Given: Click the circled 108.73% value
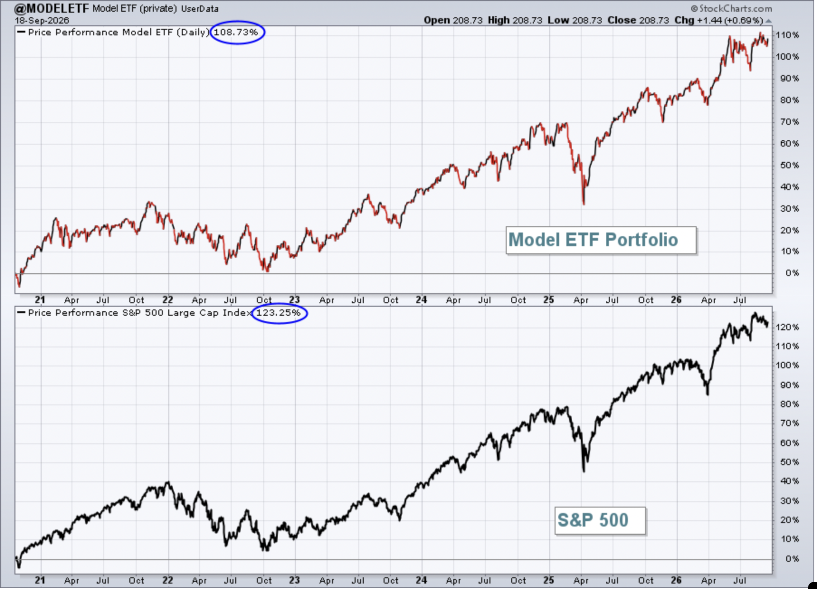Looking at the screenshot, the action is click(x=236, y=33).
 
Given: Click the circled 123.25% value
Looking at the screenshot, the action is click(x=278, y=313).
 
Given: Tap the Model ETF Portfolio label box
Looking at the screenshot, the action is click(x=601, y=240).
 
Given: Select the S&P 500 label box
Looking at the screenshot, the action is click(x=600, y=521).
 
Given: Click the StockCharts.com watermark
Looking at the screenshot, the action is click(x=731, y=9).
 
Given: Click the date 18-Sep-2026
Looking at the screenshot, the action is click(x=42, y=21).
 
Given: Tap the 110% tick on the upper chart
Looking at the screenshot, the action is click(x=788, y=35).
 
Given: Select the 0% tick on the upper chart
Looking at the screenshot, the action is click(x=792, y=273).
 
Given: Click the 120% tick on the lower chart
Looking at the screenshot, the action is click(x=788, y=327).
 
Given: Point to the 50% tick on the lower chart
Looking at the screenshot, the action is click(x=789, y=462).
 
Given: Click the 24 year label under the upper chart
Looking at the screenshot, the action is click(x=421, y=299).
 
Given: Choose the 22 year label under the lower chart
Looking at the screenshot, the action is click(x=168, y=580).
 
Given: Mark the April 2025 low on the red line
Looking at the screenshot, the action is click(x=584, y=204).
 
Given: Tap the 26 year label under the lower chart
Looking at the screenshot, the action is click(x=676, y=580).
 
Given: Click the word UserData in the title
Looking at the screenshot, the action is click(x=199, y=9).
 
